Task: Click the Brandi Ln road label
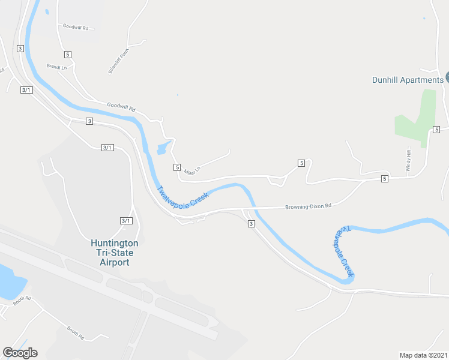56,67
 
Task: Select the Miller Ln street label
191,170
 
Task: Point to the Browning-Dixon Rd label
308,206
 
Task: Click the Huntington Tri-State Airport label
114,253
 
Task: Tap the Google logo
20,353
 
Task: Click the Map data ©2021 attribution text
423,355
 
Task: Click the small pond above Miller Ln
163,148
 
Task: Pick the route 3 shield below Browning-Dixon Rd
251,224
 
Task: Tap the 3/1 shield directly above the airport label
125,221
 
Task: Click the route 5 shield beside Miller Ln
177,166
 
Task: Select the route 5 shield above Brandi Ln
68,55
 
